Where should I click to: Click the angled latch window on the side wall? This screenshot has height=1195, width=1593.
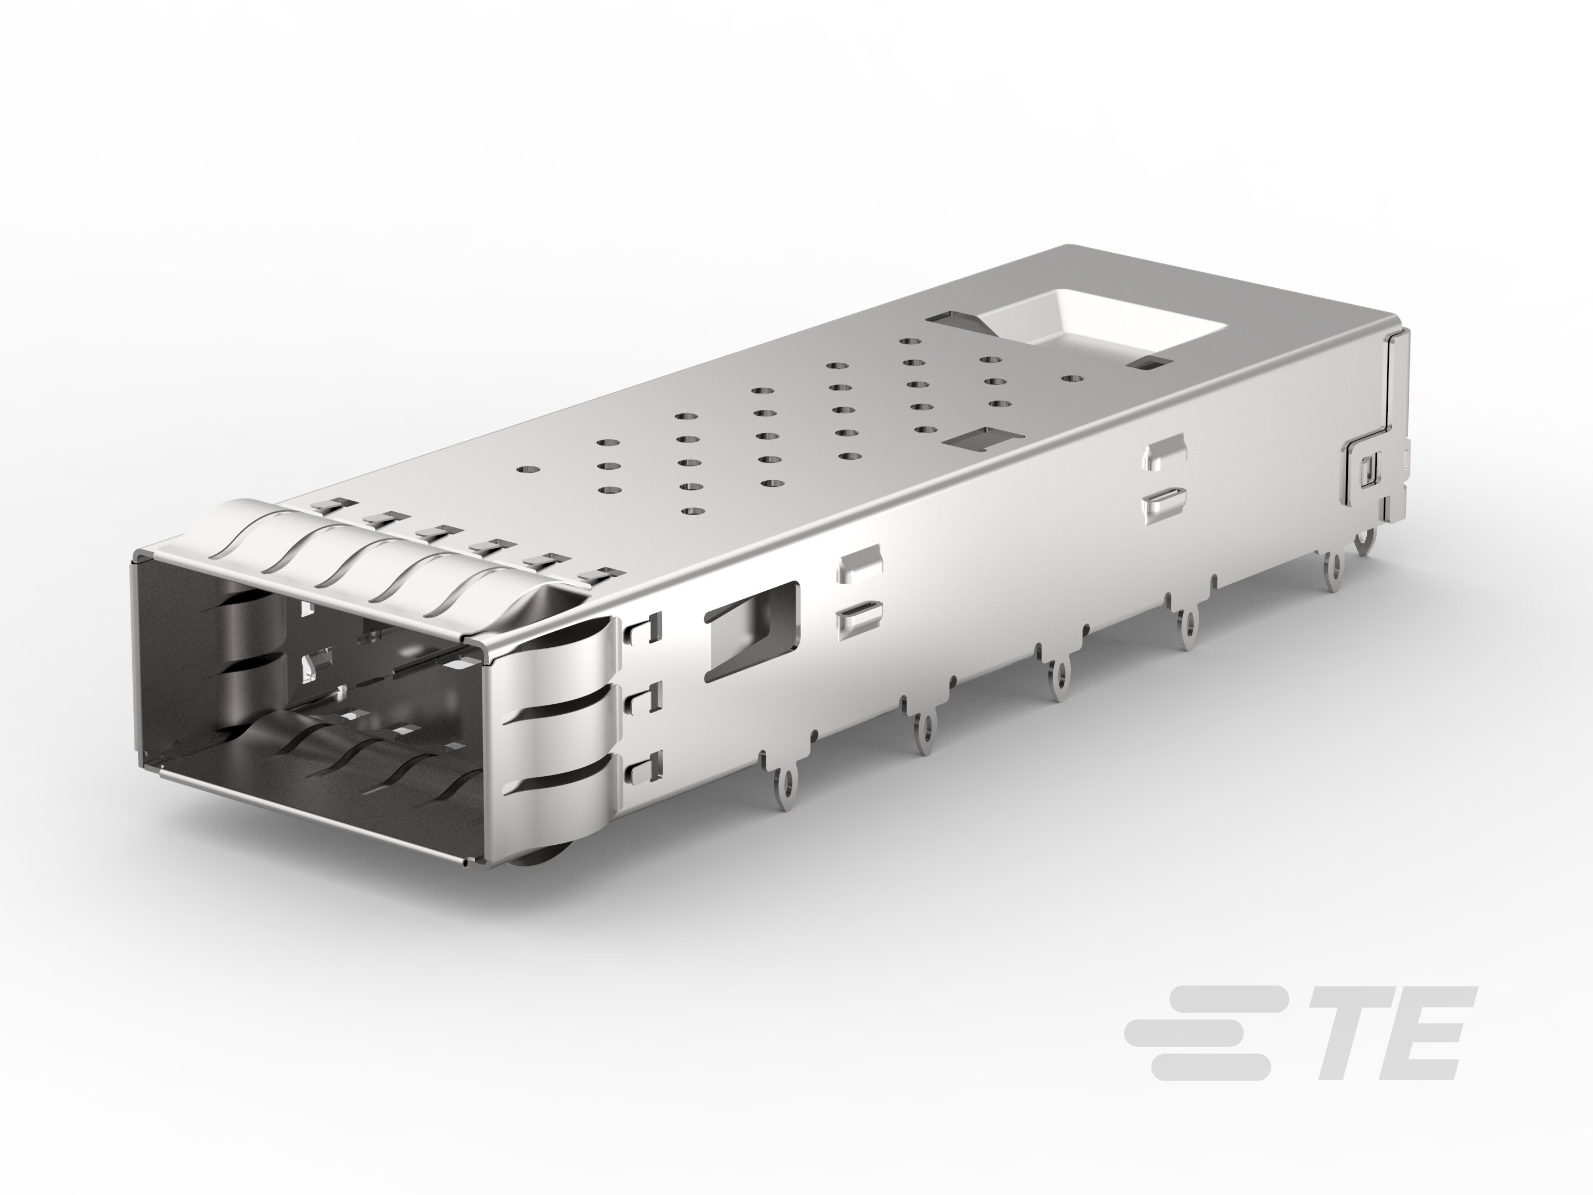[x=753, y=631]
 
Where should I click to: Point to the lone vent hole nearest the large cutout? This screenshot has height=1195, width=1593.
[x=1073, y=377]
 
